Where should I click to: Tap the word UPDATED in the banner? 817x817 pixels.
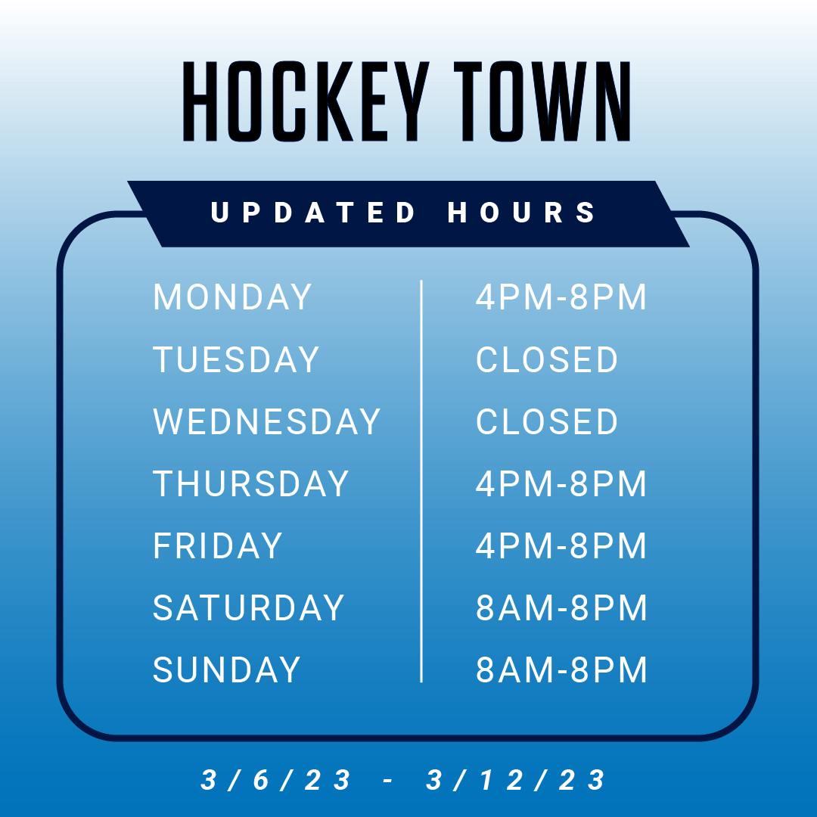[313, 213]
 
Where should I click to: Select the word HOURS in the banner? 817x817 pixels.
[523, 213]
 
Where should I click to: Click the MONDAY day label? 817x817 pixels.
[232, 297]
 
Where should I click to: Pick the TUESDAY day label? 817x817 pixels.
[236, 359]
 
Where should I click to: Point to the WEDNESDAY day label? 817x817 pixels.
[266, 421]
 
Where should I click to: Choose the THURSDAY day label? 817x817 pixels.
[250, 483]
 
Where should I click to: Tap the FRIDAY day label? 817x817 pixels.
[218, 546]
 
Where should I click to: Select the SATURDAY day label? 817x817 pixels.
[249, 608]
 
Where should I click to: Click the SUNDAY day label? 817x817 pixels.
[227, 670]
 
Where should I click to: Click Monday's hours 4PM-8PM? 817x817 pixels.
[561, 297]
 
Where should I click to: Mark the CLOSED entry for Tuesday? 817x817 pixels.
[547, 359]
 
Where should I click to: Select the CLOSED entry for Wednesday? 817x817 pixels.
[547, 421]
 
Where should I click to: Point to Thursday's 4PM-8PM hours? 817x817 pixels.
[561, 483]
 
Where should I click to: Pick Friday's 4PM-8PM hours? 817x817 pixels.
[561, 546]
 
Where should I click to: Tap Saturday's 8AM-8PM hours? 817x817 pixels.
[561, 608]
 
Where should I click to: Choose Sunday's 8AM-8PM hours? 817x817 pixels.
[561, 670]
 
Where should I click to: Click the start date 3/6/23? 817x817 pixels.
[277, 780]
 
